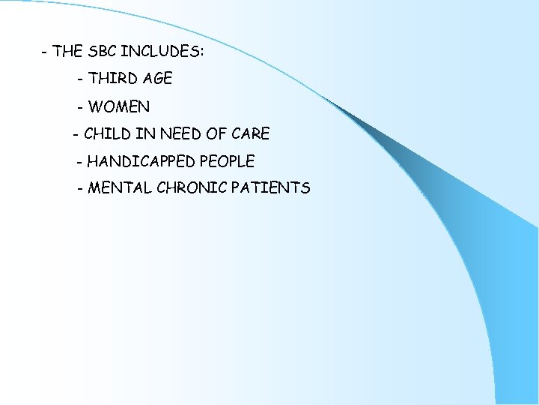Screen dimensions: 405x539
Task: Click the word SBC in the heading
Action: pyautogui.click(x=102, y=52)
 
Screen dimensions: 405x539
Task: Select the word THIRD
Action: pyautogui.click(x=111, y=79)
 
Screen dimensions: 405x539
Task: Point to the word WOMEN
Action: pyautogui.click(x=118, y=106)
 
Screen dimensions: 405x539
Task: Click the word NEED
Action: pyautogui.click(x=181, y=134)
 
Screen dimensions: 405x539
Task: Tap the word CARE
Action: pyautogui.click(x=250, y=134)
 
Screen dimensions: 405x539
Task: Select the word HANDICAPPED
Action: pyautogui.click(x=141, y=161)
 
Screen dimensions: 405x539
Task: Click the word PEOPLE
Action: pyautogui.click(x=227, y=161)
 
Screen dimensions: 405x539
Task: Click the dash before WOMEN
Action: pyautogui.click(x=80, y=107)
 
